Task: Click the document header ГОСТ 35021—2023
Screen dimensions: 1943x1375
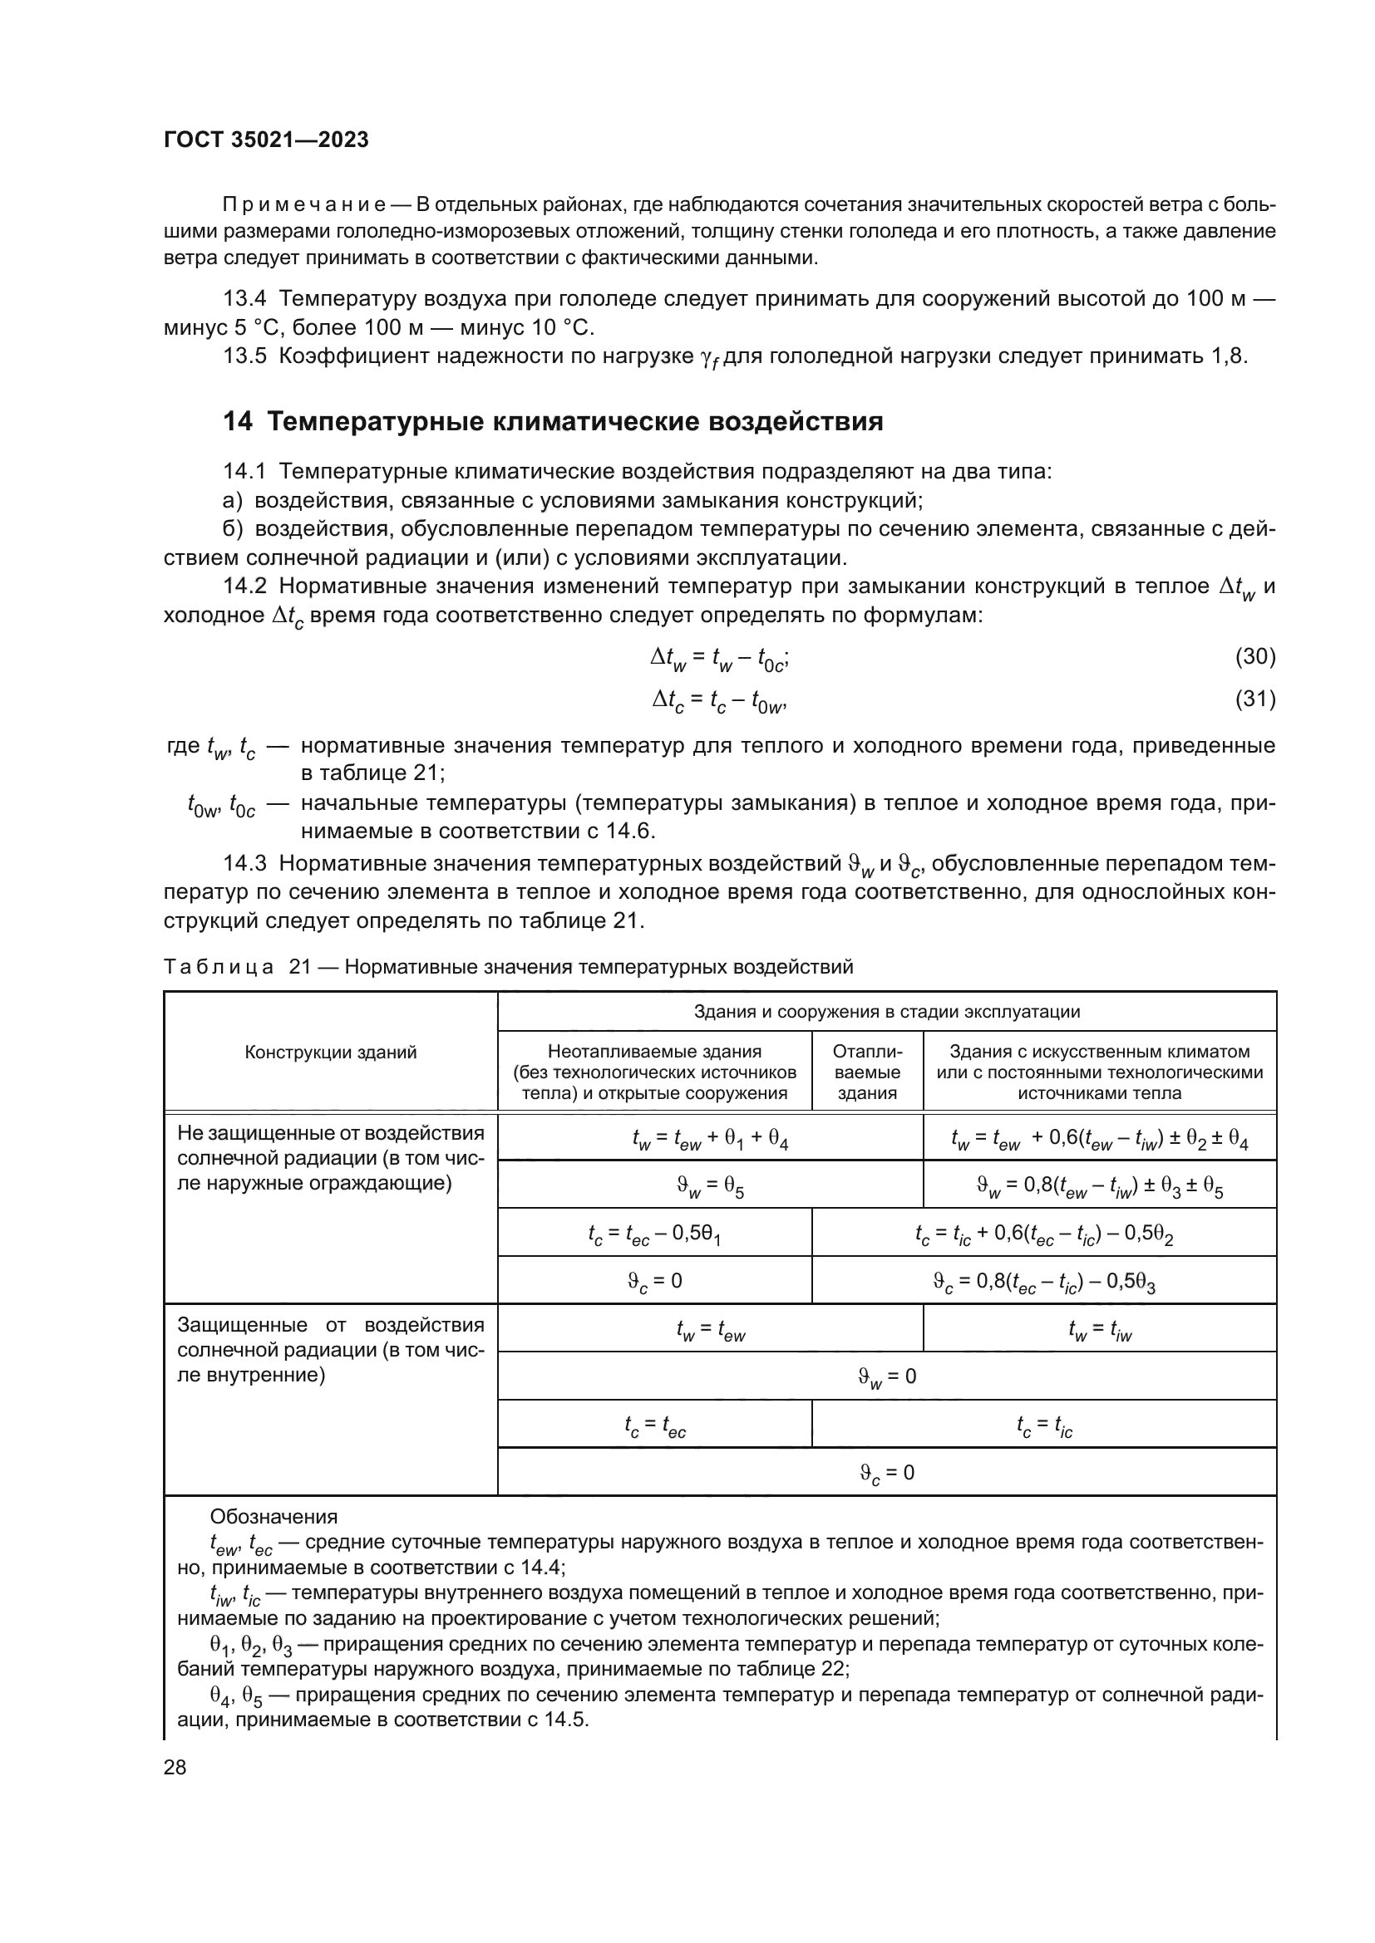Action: coord(266,140)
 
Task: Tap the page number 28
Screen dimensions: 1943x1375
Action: coord(175,1767)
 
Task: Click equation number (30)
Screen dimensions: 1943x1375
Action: coord(1254,656)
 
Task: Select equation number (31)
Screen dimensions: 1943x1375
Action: coord(1254,699)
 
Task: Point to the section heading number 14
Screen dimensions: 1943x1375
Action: coord(237,421)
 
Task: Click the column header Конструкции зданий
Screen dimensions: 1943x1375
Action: coord(330,1052)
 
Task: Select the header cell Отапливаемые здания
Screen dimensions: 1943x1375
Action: coord(867,1072)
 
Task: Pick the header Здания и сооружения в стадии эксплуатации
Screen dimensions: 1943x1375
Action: coord(886,1011)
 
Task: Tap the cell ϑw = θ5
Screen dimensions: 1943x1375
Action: coord(709,1186)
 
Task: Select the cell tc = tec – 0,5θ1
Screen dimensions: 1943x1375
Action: coord(653,1234)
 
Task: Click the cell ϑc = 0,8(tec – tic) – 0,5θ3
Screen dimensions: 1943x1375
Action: coord(1043,1282)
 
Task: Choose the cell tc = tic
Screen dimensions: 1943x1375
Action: coord(1043,1426)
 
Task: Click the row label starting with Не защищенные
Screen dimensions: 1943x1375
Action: coord(330,1158)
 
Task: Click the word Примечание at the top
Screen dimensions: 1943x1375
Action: coord(304,205)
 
